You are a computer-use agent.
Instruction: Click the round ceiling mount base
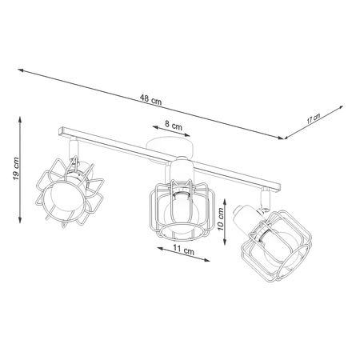170,147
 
